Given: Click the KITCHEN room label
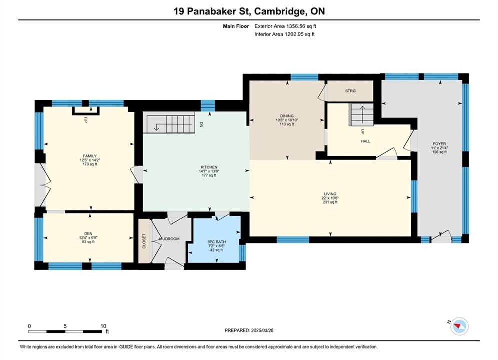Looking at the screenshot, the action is (x=209, y=167).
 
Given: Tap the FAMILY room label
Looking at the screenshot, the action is (x=90, y=156).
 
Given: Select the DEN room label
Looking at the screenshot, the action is (x=88, y=234).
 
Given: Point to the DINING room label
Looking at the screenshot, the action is (x=287, y=116).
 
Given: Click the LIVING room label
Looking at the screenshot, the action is (x=330, y=194).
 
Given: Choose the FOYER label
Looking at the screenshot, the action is (x=439, y=144).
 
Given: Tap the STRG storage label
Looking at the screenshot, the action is (x=350, y=91).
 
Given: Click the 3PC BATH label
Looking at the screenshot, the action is (x=217, y=242).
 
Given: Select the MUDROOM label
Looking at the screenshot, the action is (x=169, y=239).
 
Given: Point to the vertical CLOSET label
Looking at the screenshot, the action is (x=144, y=241).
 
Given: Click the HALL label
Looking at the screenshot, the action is (x=365, y=141).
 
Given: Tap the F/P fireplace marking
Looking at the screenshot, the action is (x=86, y=120).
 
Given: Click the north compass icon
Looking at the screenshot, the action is (x=459, y=326).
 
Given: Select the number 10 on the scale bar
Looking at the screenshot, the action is (x=103, y=326).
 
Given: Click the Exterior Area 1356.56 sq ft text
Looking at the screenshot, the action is (x=285, y=26).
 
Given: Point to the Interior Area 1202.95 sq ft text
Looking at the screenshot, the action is (x=285, y=34).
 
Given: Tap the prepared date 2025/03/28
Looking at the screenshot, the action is (x=262, y=330).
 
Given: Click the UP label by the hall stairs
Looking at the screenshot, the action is (x=363, y=131).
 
